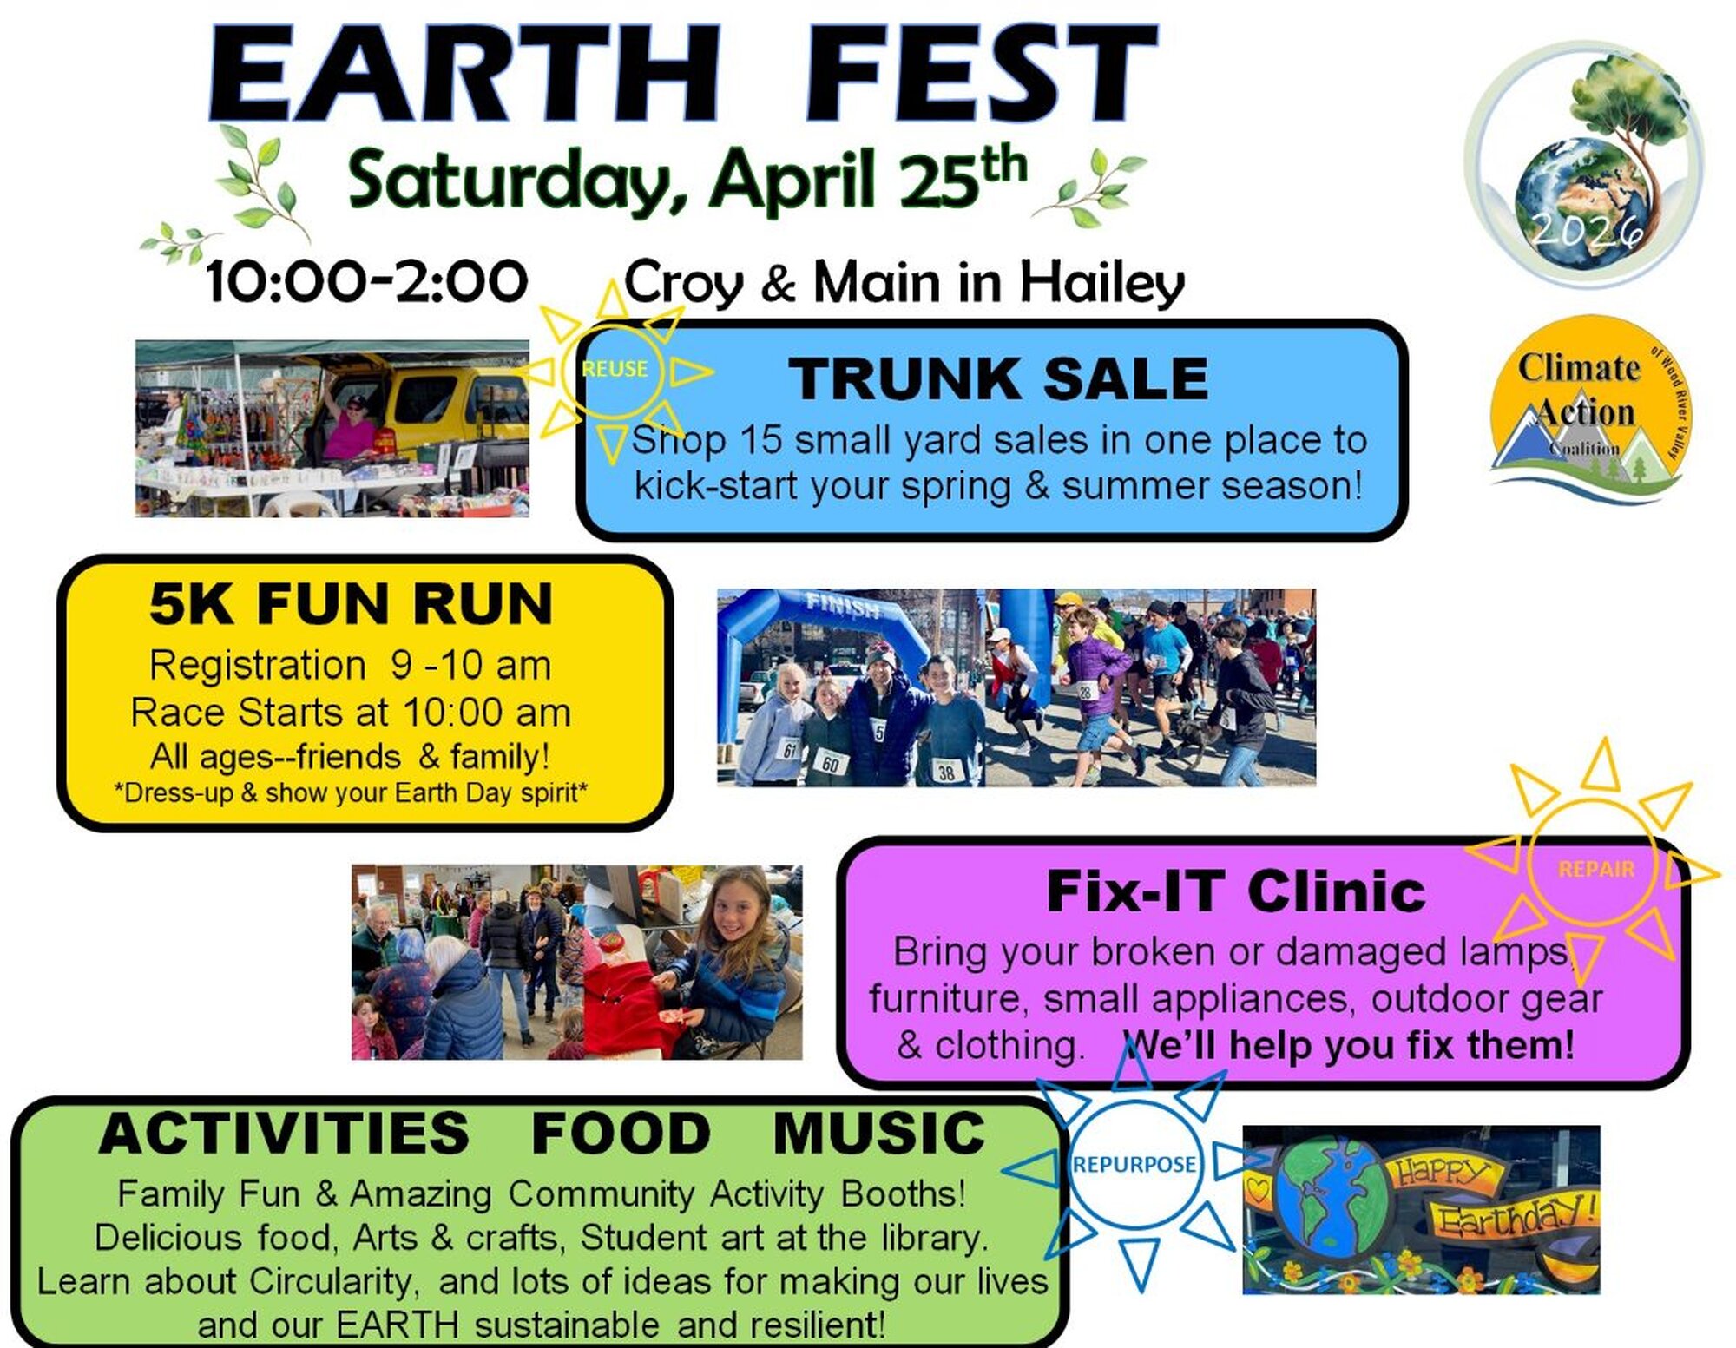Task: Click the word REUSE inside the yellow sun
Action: [615, 369]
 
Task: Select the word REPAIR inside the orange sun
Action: [1595, 869]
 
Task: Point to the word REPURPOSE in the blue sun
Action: [1134, 1164]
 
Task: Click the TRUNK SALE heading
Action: [997, 379]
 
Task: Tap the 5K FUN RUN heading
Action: [351, 603]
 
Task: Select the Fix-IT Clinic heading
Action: [1235, 891]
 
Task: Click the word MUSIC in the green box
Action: [878, 1133]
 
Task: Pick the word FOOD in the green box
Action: [621, 1133]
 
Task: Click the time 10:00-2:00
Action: [366, 282]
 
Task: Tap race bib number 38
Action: [946, 771]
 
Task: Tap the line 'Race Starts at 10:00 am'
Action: [351, 713]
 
